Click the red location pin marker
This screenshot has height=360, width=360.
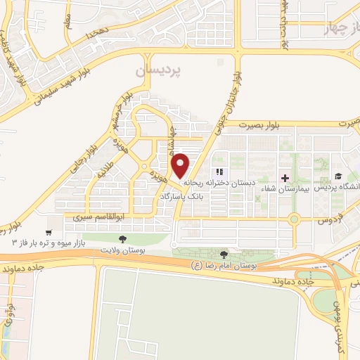pos(181,165)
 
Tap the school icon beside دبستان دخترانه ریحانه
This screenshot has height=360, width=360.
pos(219,172)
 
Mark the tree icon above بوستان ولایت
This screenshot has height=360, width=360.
pos(124,239)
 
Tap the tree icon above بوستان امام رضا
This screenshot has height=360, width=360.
pos(224,255)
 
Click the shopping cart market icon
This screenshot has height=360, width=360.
pos(49,232)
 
